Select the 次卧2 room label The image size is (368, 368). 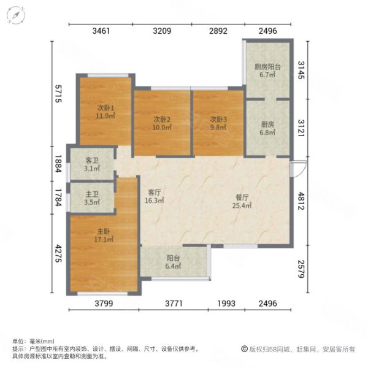click(x=161, y=119)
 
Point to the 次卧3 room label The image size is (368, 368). click(x=219, y=119)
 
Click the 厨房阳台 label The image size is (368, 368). click(x=267, y=67)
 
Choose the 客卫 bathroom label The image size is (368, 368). click(x=91, y=161)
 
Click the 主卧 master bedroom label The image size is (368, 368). click(x=104, y=232)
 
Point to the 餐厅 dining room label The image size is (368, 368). click(x=242, y=197)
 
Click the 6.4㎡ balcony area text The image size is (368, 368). click(x=174, y=267)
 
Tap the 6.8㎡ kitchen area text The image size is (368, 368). click(x=267, y=133)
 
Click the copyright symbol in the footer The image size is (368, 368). click(x=244, y=348)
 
